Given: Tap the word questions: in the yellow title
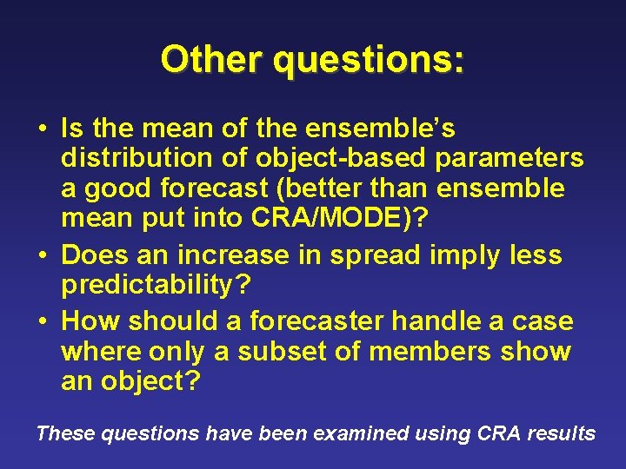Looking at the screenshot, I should point(369,60).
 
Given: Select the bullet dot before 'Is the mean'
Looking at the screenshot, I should point(42,129).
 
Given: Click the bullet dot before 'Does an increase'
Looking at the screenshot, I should point(42,255).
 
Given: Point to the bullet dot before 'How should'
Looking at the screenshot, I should point(42,321).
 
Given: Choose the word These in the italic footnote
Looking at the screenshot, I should point(65,433).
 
